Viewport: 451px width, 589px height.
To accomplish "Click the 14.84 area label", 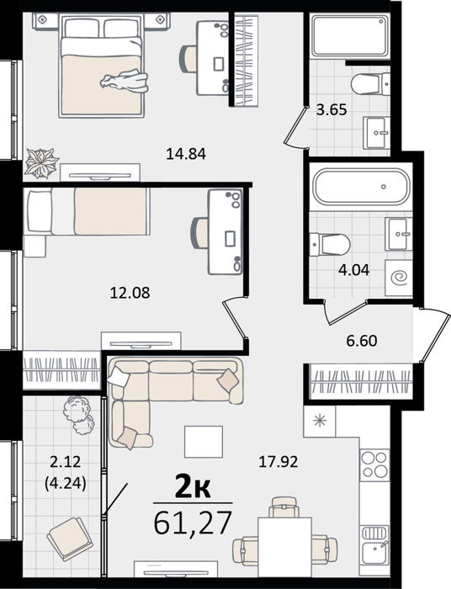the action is tap(186, 154).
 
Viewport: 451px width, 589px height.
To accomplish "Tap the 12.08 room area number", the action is tap(130, 293).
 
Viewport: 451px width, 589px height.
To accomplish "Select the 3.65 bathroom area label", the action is tap(332, 110).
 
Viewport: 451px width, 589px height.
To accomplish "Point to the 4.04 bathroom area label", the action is tap(353, 269).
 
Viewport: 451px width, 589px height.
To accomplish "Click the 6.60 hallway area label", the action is tap(362, 341).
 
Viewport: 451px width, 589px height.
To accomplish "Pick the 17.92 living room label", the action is tap(279, 462).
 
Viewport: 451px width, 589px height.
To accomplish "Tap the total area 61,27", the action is tap(193, 523).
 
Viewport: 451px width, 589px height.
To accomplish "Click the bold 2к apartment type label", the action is tap(193, 488).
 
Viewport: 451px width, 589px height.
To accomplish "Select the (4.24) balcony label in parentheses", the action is tap(66, 484).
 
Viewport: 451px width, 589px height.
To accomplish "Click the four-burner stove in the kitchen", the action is tap(374, 465).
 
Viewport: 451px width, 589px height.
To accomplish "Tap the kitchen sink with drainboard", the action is tap(374, 544).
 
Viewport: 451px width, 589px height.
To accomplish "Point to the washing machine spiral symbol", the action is tap(399, 279).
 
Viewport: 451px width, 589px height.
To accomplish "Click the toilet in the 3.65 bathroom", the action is tap(370, 84).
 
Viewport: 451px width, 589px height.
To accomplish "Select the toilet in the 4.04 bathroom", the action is tap(330, 244).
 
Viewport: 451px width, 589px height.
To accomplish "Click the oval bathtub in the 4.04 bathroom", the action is tap(362, 186).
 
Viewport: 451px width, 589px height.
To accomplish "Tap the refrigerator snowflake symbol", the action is tap(320, 421).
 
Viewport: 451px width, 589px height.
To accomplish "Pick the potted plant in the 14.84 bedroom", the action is tap(40, 163).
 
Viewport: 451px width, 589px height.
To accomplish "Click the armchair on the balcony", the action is tap(70, 539).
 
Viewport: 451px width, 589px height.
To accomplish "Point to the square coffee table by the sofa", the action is tap(204, 442).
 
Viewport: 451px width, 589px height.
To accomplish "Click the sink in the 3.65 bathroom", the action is tap(376, 133).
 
